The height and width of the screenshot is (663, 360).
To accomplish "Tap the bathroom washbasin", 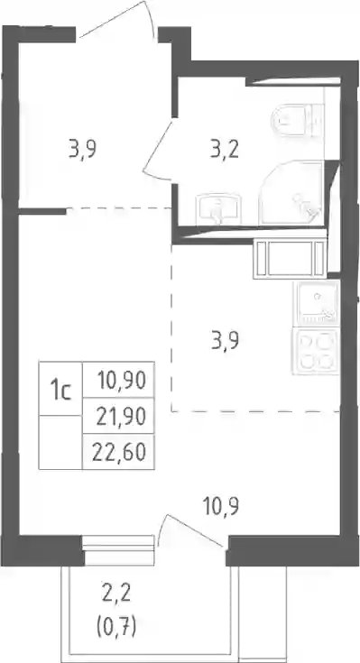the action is tap(217, 209).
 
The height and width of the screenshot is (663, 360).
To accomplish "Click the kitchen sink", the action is tap(317, 303).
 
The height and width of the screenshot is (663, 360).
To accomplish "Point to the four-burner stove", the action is tap(317, 351).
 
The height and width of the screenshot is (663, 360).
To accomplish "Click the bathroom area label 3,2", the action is tap(225, 150).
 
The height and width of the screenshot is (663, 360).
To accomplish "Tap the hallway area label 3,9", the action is tap(83, 150).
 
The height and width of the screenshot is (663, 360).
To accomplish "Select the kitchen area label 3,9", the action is tap(225, 342).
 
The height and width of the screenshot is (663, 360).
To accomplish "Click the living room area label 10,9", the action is tap(221, 507).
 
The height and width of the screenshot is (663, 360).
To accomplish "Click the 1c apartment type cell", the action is tap(60, 389).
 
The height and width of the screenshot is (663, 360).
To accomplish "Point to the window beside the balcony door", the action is tap(118, 550).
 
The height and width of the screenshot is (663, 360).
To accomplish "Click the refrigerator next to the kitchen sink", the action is tap(291, 258).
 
